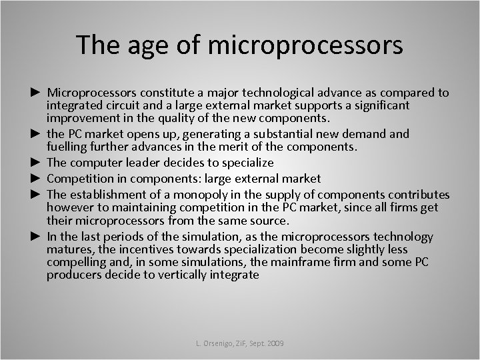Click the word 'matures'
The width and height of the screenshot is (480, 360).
tap(69, 249)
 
